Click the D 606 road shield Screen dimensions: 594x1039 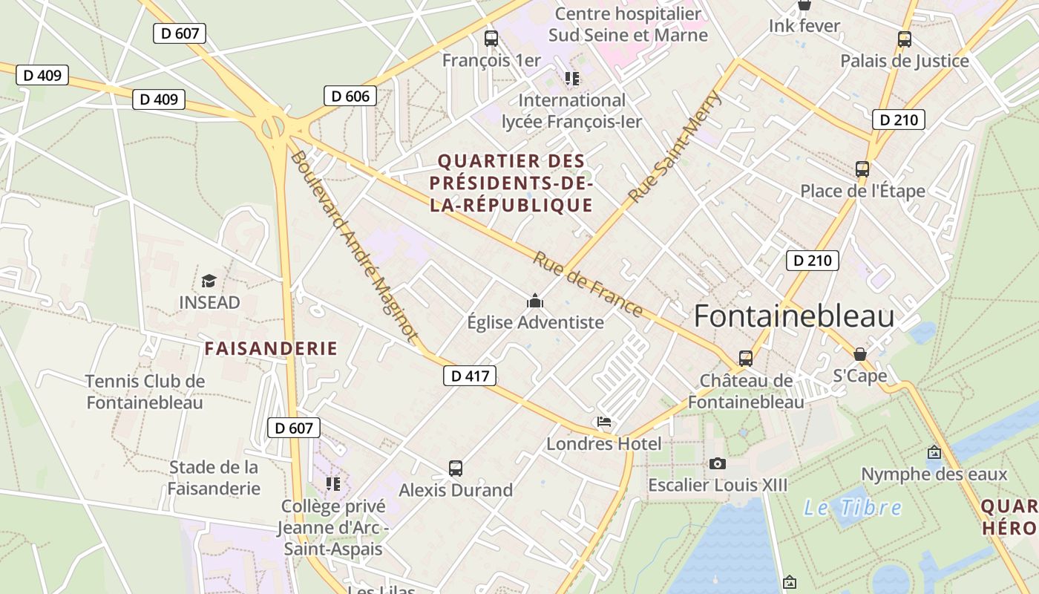[350, 96]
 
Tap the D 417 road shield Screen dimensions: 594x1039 [470, 376]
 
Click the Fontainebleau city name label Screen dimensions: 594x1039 [793, 316]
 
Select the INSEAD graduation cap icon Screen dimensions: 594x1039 [209, 281]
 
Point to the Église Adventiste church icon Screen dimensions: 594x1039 [535, 301]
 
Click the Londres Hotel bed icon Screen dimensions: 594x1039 [605, 422]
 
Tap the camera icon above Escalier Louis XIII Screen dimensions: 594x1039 [717, 463]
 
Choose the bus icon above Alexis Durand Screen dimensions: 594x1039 [456, 469]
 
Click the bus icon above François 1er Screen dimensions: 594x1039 [491, 39]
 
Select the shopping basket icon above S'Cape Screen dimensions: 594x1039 [860, 354]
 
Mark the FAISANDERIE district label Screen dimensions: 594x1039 [271, 348]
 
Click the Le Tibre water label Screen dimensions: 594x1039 [853, 508]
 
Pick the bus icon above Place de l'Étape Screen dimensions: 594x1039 [862, 169]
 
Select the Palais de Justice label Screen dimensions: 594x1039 [905, 61]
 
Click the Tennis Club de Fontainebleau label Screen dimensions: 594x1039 [145, 392]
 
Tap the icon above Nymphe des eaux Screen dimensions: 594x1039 [934, 452]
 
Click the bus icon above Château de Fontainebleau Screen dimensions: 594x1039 [746, 359]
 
